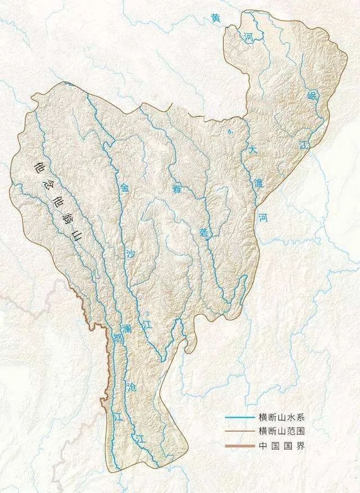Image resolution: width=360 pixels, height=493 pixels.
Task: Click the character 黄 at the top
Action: [x=215, y=19]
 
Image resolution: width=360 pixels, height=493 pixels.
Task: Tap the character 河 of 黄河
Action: [x=248, y=38]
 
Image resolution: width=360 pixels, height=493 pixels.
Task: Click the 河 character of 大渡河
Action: [x=263, y=216]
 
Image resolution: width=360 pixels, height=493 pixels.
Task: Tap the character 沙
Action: [x=131, y=254]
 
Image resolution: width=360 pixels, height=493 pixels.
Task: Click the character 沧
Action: [x=132, y=387]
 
